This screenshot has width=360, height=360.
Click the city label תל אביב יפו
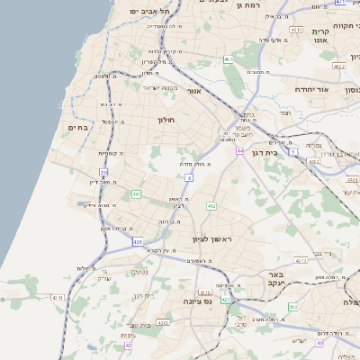point(149,11)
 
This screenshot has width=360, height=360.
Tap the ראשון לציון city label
point(212,238)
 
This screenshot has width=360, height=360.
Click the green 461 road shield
point(229,60)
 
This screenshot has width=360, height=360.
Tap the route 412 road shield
point(211,206)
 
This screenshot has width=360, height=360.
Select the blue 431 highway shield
point(138,242)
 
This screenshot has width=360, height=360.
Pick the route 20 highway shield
point(104,172)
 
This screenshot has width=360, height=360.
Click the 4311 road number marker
point(58,297)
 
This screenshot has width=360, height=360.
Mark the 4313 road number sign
point(204,292)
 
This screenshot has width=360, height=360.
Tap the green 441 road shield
point(136,193)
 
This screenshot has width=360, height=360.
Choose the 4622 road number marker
point(338,66)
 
